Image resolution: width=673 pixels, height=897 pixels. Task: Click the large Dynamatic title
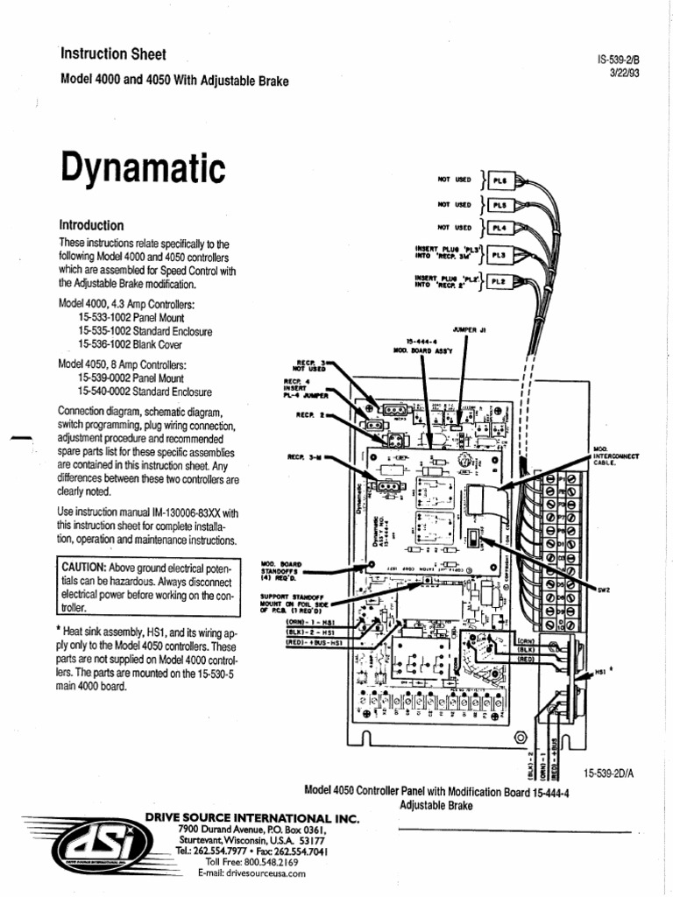click(x=142, y=166)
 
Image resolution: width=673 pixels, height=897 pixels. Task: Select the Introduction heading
click(x=91, y=225)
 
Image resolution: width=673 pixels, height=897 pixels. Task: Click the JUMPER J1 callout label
click(x=471, y=330)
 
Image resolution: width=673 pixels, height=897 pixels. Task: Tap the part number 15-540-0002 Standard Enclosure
click(x=145, y=392)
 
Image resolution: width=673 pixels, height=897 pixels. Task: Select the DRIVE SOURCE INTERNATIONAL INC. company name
click(x=251, y=816)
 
